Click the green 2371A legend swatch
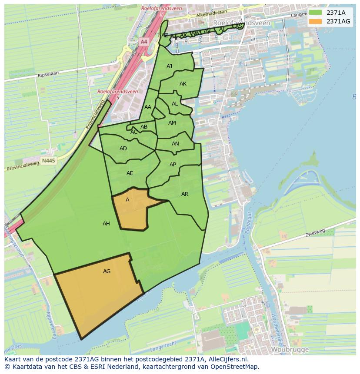[x=316, y=13]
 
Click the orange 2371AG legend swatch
[x=316, y=21]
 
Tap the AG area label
[x=107, y=271]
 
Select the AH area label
[x=106, y=224]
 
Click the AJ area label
[x=170, y=66]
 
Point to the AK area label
[x=183, y=84]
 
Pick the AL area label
[x=175, y=104]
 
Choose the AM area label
[x=172, y=123]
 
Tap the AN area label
[x=175, y=144]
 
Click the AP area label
[x=173, y=165]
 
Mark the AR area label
[x=185, y=194]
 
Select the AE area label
[x=130, y=173]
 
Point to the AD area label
[x=123, y=149]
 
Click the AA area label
[x=148, y=107]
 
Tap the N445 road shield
[x=48, y=161]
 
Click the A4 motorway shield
[x=144, y=42]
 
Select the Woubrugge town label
[x=290, y=349]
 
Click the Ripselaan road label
[x=48, y=75]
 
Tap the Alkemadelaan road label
[x=212, y=14]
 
